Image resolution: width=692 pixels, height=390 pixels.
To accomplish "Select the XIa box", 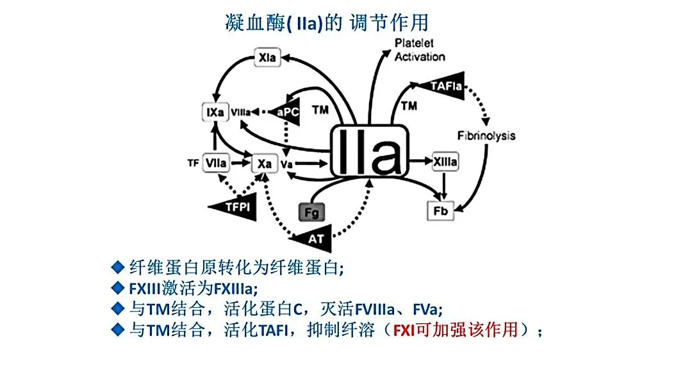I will (268, 58).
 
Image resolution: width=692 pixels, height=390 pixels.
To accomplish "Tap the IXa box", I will (213, 112).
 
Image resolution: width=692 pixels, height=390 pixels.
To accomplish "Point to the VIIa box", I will (216, 164).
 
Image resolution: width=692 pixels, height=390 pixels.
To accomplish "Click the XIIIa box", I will (445, 162).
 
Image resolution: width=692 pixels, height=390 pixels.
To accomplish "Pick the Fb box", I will (440, 211).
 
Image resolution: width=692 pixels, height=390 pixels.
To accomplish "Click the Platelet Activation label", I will (420, 51).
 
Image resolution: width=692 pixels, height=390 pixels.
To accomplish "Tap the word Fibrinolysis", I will (486, 135).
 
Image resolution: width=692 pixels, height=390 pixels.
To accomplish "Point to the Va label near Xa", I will (286, 165).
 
